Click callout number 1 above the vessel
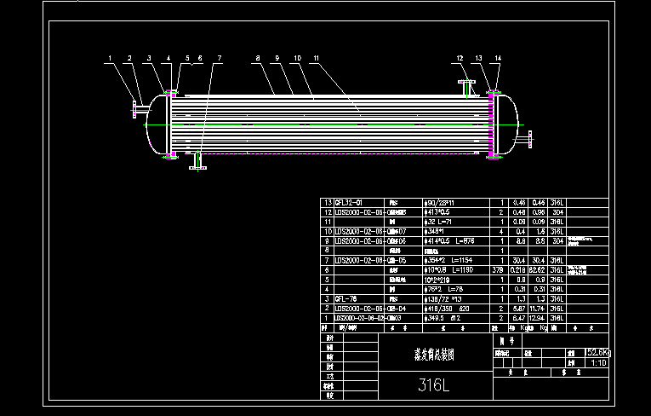click(111, 58)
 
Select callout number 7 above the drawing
click(219, 58)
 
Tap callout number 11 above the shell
click(317, 58)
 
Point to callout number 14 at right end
click(498, 58)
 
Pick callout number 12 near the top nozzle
click(460, 58)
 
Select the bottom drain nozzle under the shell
click(197, 163)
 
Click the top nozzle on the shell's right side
click(465, 87)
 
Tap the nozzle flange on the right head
click(529, 137)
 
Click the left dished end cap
click(156, 124)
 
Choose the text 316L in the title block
click(433, 384)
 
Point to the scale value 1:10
click(597, 361)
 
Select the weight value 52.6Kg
click(598, 351)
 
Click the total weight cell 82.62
click(540, 269)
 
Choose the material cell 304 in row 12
click(559, 211)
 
